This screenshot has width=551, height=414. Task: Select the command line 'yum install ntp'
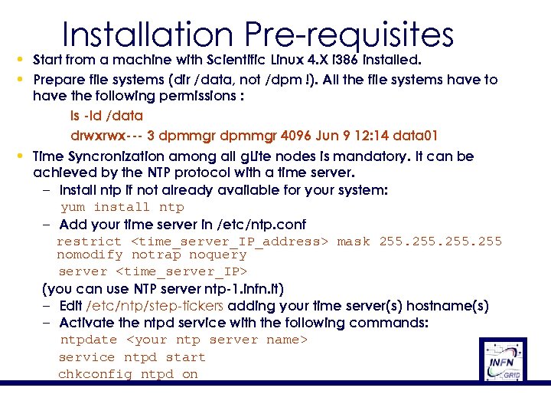coord(122,207)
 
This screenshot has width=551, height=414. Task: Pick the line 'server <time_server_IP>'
coord(153,271)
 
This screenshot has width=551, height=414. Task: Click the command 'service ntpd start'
coord(132,357)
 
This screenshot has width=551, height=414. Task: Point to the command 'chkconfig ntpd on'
coord(128,374)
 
